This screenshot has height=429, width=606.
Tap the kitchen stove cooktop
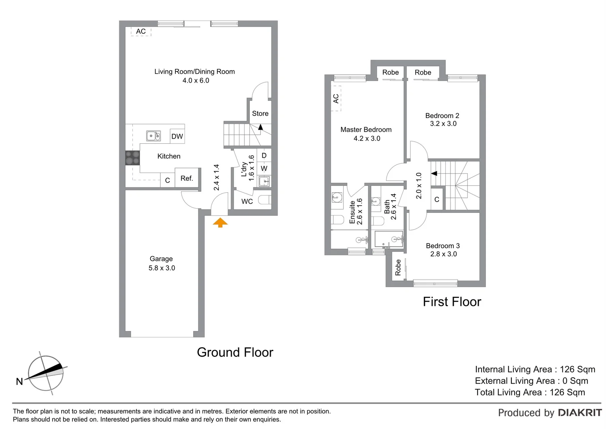(132, 158)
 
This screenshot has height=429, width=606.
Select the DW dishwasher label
(177, 136)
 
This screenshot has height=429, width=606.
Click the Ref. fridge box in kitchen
(186, 178)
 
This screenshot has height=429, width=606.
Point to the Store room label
(260, 114)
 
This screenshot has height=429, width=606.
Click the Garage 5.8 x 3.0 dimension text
(162, 268)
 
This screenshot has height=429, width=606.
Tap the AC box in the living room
(141, 31)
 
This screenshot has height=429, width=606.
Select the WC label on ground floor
(247, 201)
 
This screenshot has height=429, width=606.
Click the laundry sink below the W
(264, 182)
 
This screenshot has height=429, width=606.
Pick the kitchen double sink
(153, 136)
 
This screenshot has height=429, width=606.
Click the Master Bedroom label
(366, 129)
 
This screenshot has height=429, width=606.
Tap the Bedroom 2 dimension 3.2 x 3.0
(443, 124)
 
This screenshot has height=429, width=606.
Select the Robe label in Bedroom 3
(398, 267)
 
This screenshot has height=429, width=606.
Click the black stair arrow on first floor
(434, 174)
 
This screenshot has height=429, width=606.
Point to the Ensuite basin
(337, 197)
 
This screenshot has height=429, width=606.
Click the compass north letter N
(19, 382)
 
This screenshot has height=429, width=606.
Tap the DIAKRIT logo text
(580, 413)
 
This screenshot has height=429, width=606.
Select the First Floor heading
(452, 302)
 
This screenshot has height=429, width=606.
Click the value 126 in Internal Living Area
(568, 369)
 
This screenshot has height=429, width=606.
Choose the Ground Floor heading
(235, 352)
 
